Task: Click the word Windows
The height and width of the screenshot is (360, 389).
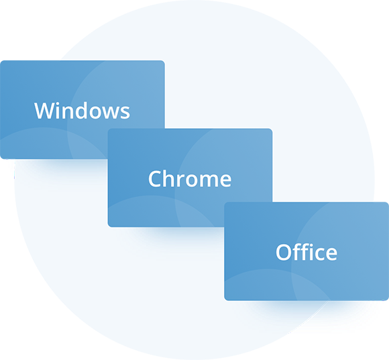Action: click(82, 111)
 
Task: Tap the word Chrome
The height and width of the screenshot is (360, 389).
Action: click(190, 178)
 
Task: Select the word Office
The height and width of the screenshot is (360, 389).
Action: click(307, 251)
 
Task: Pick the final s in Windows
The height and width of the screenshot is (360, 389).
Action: click(125, 113)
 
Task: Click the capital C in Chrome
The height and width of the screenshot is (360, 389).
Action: click(156, 179)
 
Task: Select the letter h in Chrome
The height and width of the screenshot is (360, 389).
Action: click(171, 178)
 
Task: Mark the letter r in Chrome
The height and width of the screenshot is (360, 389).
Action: click(184, 181)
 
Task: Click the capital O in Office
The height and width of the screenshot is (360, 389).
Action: click(284, 252)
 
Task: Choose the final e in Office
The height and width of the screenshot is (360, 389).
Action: click(331, 254)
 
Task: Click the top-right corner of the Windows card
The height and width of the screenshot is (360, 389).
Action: click(164, 61)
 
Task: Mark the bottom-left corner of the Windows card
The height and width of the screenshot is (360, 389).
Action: click(1, 158)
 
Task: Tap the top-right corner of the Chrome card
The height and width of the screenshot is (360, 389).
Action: click(272, 129)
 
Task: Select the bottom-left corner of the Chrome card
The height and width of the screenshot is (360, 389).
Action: click(108, 227)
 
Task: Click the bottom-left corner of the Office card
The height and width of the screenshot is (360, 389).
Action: click(225, 300)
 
